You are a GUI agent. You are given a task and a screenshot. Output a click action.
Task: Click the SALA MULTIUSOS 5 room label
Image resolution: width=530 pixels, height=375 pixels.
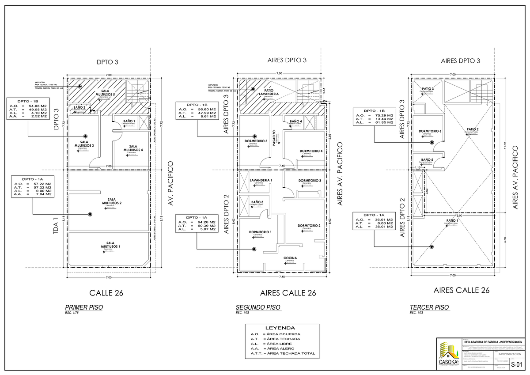[x=108, y=93]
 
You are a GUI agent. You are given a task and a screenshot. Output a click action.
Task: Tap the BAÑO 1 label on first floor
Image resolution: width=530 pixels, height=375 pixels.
[x=129, y=121]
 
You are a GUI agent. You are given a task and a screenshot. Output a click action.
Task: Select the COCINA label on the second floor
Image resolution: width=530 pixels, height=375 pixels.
[x=290, y=258]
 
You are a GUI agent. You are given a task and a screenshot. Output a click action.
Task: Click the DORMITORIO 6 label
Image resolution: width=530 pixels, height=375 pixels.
[x=430, y=131]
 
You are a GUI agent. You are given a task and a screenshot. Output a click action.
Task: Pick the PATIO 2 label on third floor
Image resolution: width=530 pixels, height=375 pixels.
[x=471, y=129]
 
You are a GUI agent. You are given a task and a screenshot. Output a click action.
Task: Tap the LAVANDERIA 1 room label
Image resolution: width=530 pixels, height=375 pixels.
[x=261, y=180]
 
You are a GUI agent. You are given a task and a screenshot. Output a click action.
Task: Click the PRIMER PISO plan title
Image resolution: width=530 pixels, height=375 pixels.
[x=83, y=307]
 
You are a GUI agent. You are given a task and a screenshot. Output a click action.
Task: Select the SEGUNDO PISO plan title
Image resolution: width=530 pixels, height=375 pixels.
[x=257, y=307]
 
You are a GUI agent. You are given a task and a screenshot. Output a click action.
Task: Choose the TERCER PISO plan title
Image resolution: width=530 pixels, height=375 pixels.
[x=429, y=307]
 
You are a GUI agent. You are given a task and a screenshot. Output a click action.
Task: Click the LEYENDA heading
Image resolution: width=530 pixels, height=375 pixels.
[x=280, y=328]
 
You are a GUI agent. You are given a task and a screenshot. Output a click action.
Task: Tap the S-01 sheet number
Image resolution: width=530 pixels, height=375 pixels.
[x=516, y=365]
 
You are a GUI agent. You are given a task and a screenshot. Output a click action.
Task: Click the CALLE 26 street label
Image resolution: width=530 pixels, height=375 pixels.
[x=106, y=292]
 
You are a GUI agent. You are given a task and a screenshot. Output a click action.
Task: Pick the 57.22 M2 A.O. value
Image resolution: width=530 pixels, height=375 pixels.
[x=43, y=183]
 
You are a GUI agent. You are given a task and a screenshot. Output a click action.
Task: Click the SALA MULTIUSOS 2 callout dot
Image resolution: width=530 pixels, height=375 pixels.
[x=90, y=214]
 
